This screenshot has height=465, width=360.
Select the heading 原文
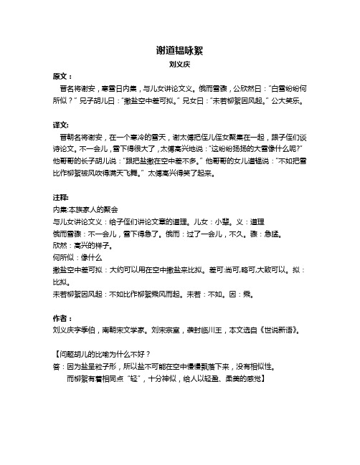click(62, 75)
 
